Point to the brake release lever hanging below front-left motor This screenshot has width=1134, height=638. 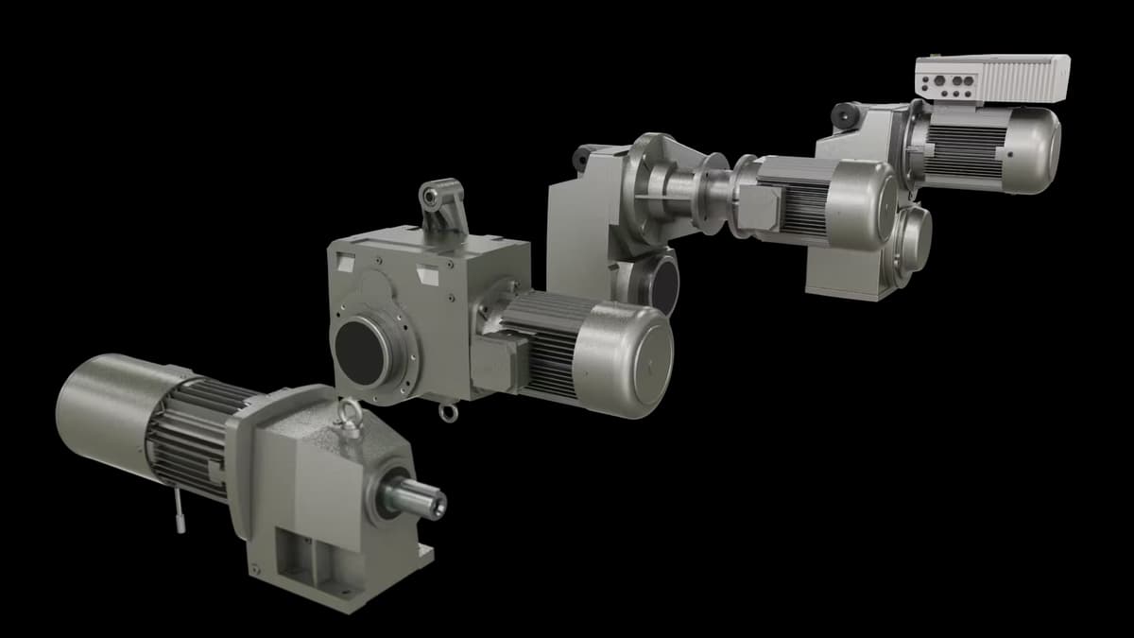pyautogui.click(x=179, y=515)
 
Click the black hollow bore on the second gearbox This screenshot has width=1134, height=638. pyautogui.click(x=361, y=351)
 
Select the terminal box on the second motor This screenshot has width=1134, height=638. pyautogui.click(x=493, y=364)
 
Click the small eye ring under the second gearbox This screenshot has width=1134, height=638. pyautogui.click(x=449, y=412)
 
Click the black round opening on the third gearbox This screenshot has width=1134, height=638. pyautogui.click(x=664, y=283)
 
